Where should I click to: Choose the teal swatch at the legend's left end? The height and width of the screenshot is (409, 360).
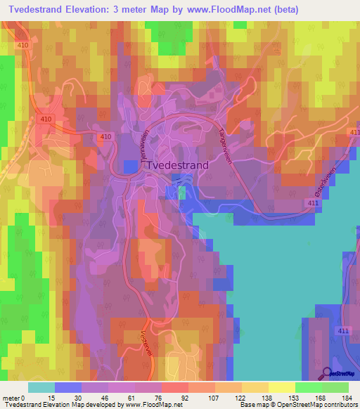click(41, 387)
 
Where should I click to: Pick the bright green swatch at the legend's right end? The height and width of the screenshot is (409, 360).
click(335, 387)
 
